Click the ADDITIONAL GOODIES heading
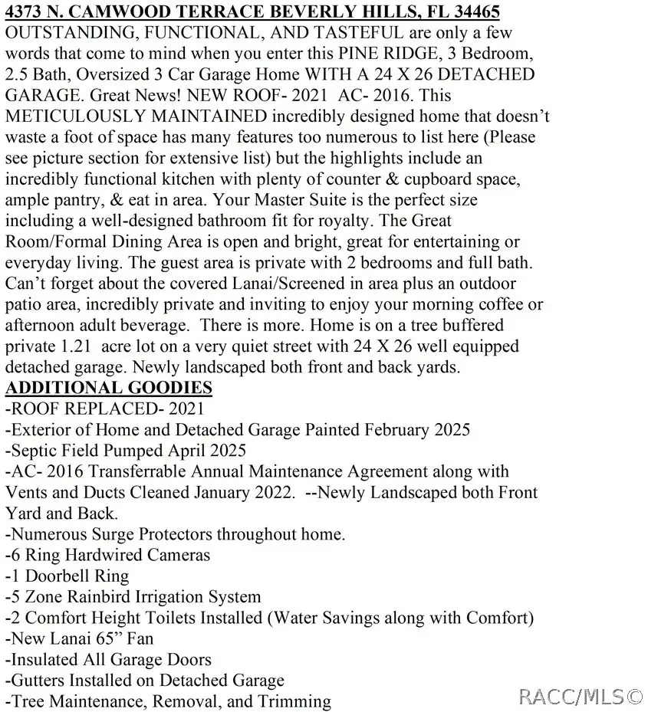point(109,387)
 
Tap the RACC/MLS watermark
point(581,696)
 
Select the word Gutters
point(36,680)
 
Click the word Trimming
point(294,701)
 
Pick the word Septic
point(35,450)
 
